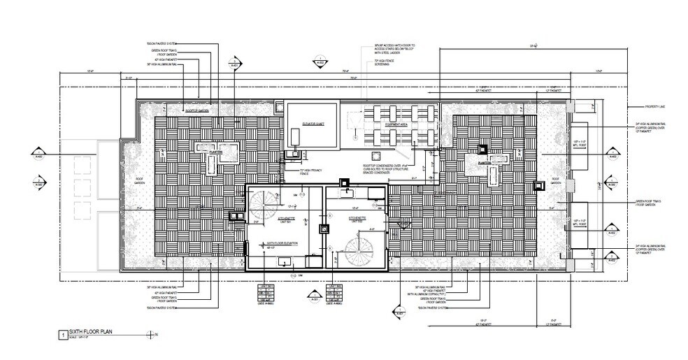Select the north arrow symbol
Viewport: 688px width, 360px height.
click(153, 336)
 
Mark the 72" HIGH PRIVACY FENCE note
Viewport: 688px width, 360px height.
click(294, 171)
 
